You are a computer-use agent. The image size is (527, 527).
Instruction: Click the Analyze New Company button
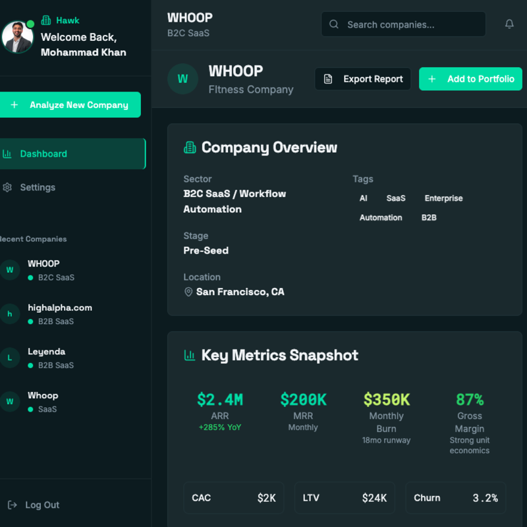70,105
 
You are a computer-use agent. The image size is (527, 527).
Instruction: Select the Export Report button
363,79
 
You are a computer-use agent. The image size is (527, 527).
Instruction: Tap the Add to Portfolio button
470,79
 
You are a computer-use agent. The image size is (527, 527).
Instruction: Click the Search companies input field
403,24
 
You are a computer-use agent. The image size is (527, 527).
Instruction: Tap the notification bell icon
509,24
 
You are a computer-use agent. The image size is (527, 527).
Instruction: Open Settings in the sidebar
38,187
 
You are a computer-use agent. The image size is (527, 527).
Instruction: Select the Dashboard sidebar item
43,153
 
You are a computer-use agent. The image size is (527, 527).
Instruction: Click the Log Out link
42,505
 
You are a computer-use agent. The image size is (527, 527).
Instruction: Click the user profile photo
17,37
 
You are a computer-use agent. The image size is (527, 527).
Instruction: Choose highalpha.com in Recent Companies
59,308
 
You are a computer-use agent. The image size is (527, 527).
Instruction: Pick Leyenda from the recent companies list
46,352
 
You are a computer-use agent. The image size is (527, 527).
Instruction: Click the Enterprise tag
443,198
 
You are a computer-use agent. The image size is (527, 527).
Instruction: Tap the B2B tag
429,217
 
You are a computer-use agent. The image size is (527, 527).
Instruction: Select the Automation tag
381,217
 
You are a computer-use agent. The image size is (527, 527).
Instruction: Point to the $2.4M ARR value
220,399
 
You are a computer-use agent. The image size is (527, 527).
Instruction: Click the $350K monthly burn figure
387,399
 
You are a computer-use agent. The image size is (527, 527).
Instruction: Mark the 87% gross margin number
470,399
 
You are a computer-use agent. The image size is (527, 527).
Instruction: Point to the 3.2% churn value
485,498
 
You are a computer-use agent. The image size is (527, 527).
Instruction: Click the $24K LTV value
374,498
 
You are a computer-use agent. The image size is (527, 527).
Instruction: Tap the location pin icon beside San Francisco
188,292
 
